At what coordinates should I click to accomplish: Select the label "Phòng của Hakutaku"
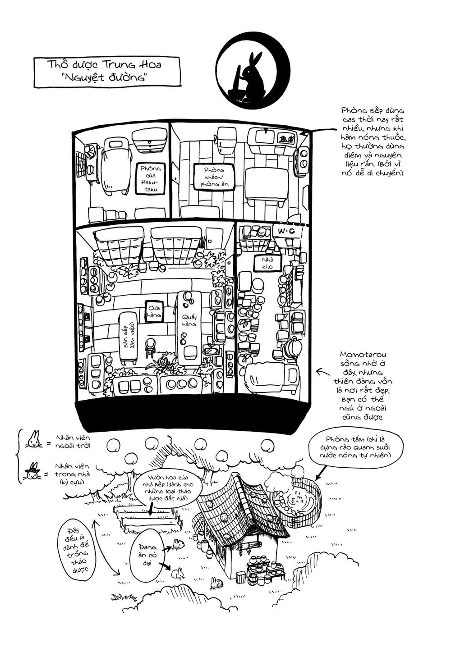pyautogui.click(x=150, y=178)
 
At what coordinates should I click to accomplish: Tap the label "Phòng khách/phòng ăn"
pyautogui.click(x=213, y=177)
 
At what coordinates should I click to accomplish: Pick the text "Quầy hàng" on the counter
pyautogui.click(x=189, y=318)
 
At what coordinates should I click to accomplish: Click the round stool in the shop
pyautogui.click(x=151, y=344)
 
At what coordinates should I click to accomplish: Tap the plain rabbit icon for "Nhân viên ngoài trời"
pyautogui.click(x=34, y=439)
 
